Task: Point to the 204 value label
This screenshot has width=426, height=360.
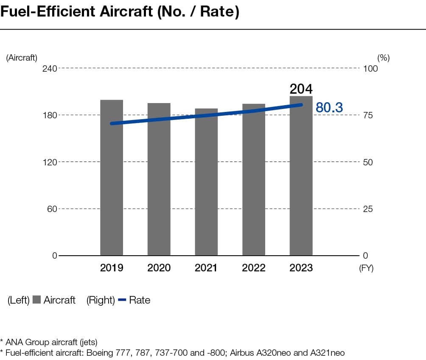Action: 301,89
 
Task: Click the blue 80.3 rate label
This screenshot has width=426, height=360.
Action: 329,108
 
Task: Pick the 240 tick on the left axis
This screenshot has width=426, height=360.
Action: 49,68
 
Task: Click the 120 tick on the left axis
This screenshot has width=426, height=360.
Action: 49,162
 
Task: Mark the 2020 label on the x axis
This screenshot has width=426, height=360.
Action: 159,268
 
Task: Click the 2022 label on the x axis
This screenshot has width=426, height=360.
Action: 254,268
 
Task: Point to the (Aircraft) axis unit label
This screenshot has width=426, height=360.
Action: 22,58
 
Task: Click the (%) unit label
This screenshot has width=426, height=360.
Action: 383,58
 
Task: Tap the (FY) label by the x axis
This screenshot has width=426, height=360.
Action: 366,268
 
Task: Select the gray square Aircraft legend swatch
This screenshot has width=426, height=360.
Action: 36,300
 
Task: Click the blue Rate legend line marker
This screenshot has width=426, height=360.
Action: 122,300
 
